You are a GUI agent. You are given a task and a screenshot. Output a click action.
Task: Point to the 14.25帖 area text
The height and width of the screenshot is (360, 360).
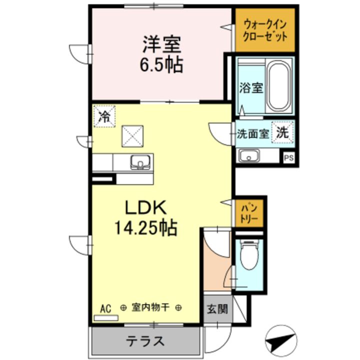point(145,228)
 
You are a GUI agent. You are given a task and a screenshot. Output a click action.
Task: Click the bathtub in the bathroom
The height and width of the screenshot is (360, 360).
point(278,85)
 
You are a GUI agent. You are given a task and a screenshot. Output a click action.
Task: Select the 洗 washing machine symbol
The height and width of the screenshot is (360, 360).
point(283,133)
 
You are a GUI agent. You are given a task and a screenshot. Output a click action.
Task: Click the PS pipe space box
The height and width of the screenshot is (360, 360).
point(288,157)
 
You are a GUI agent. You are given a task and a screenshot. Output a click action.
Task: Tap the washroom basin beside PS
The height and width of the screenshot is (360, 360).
point(248,156)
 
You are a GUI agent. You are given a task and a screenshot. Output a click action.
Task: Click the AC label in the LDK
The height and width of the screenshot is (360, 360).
point(105,308)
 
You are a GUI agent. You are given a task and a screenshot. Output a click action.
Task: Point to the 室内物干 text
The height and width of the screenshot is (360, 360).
point(150,308)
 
